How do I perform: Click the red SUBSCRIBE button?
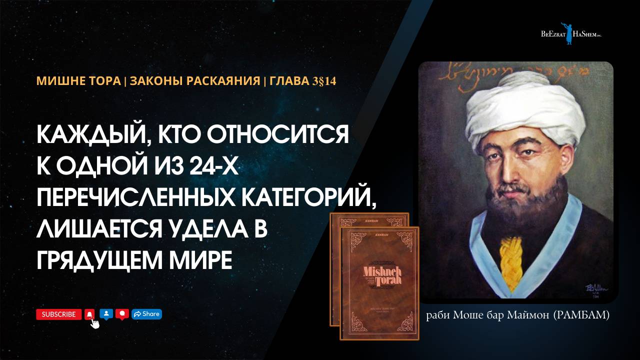(x=58, y=314)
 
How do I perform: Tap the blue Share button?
(x=146, y=314)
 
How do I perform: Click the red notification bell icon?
(x=89, y=314)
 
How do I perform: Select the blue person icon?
(x=106, y=314)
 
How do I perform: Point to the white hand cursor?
(x=94, y=323)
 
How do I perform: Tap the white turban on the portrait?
(x=517, y=115)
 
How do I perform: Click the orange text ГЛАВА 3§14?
(x=302, y=81)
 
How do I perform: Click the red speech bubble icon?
(x=122, y=314)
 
